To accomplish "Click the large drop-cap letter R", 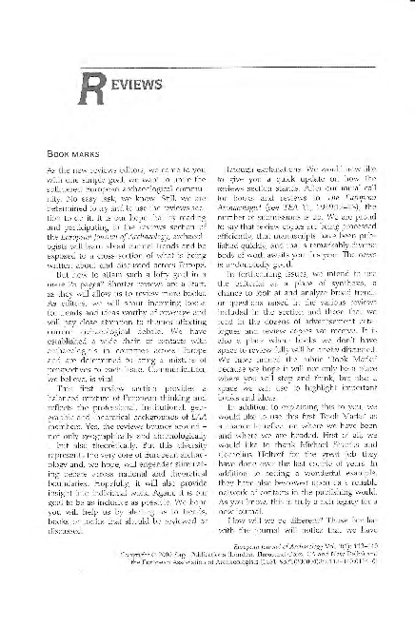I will point(93,90).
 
